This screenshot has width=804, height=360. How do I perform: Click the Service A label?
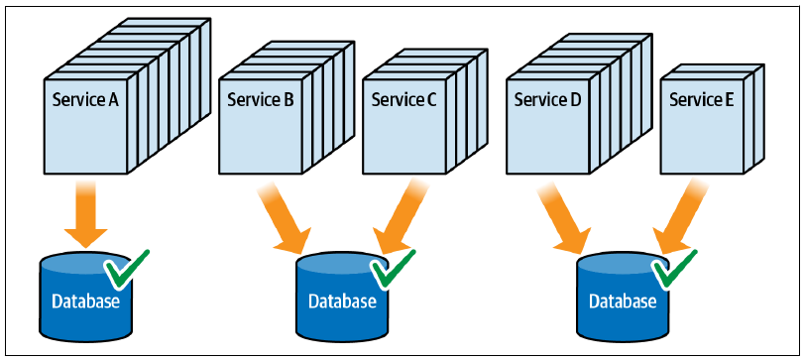click(85, 100)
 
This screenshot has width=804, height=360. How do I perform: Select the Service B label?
click(261, 100)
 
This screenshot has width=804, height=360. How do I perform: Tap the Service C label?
click(404, 100)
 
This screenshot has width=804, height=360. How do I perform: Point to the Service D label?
click(547, 100)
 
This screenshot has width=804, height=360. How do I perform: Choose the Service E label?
click(702, 100)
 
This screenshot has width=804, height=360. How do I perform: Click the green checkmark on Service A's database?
click(125, 268)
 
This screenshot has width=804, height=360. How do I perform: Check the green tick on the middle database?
click(393, 268)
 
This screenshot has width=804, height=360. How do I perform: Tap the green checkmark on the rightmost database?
click(673, 268)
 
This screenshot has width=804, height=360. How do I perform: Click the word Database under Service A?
click(85, 300)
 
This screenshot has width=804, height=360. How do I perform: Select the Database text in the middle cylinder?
click(342, 301)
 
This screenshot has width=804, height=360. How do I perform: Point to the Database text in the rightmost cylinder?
click(623, 301)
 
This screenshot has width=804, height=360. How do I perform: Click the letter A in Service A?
click(113, 100)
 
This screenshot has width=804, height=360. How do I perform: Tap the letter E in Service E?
click(729, 100)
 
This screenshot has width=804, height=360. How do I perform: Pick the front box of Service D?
click(547, 126)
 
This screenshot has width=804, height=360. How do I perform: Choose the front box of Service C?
click(404, 126)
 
